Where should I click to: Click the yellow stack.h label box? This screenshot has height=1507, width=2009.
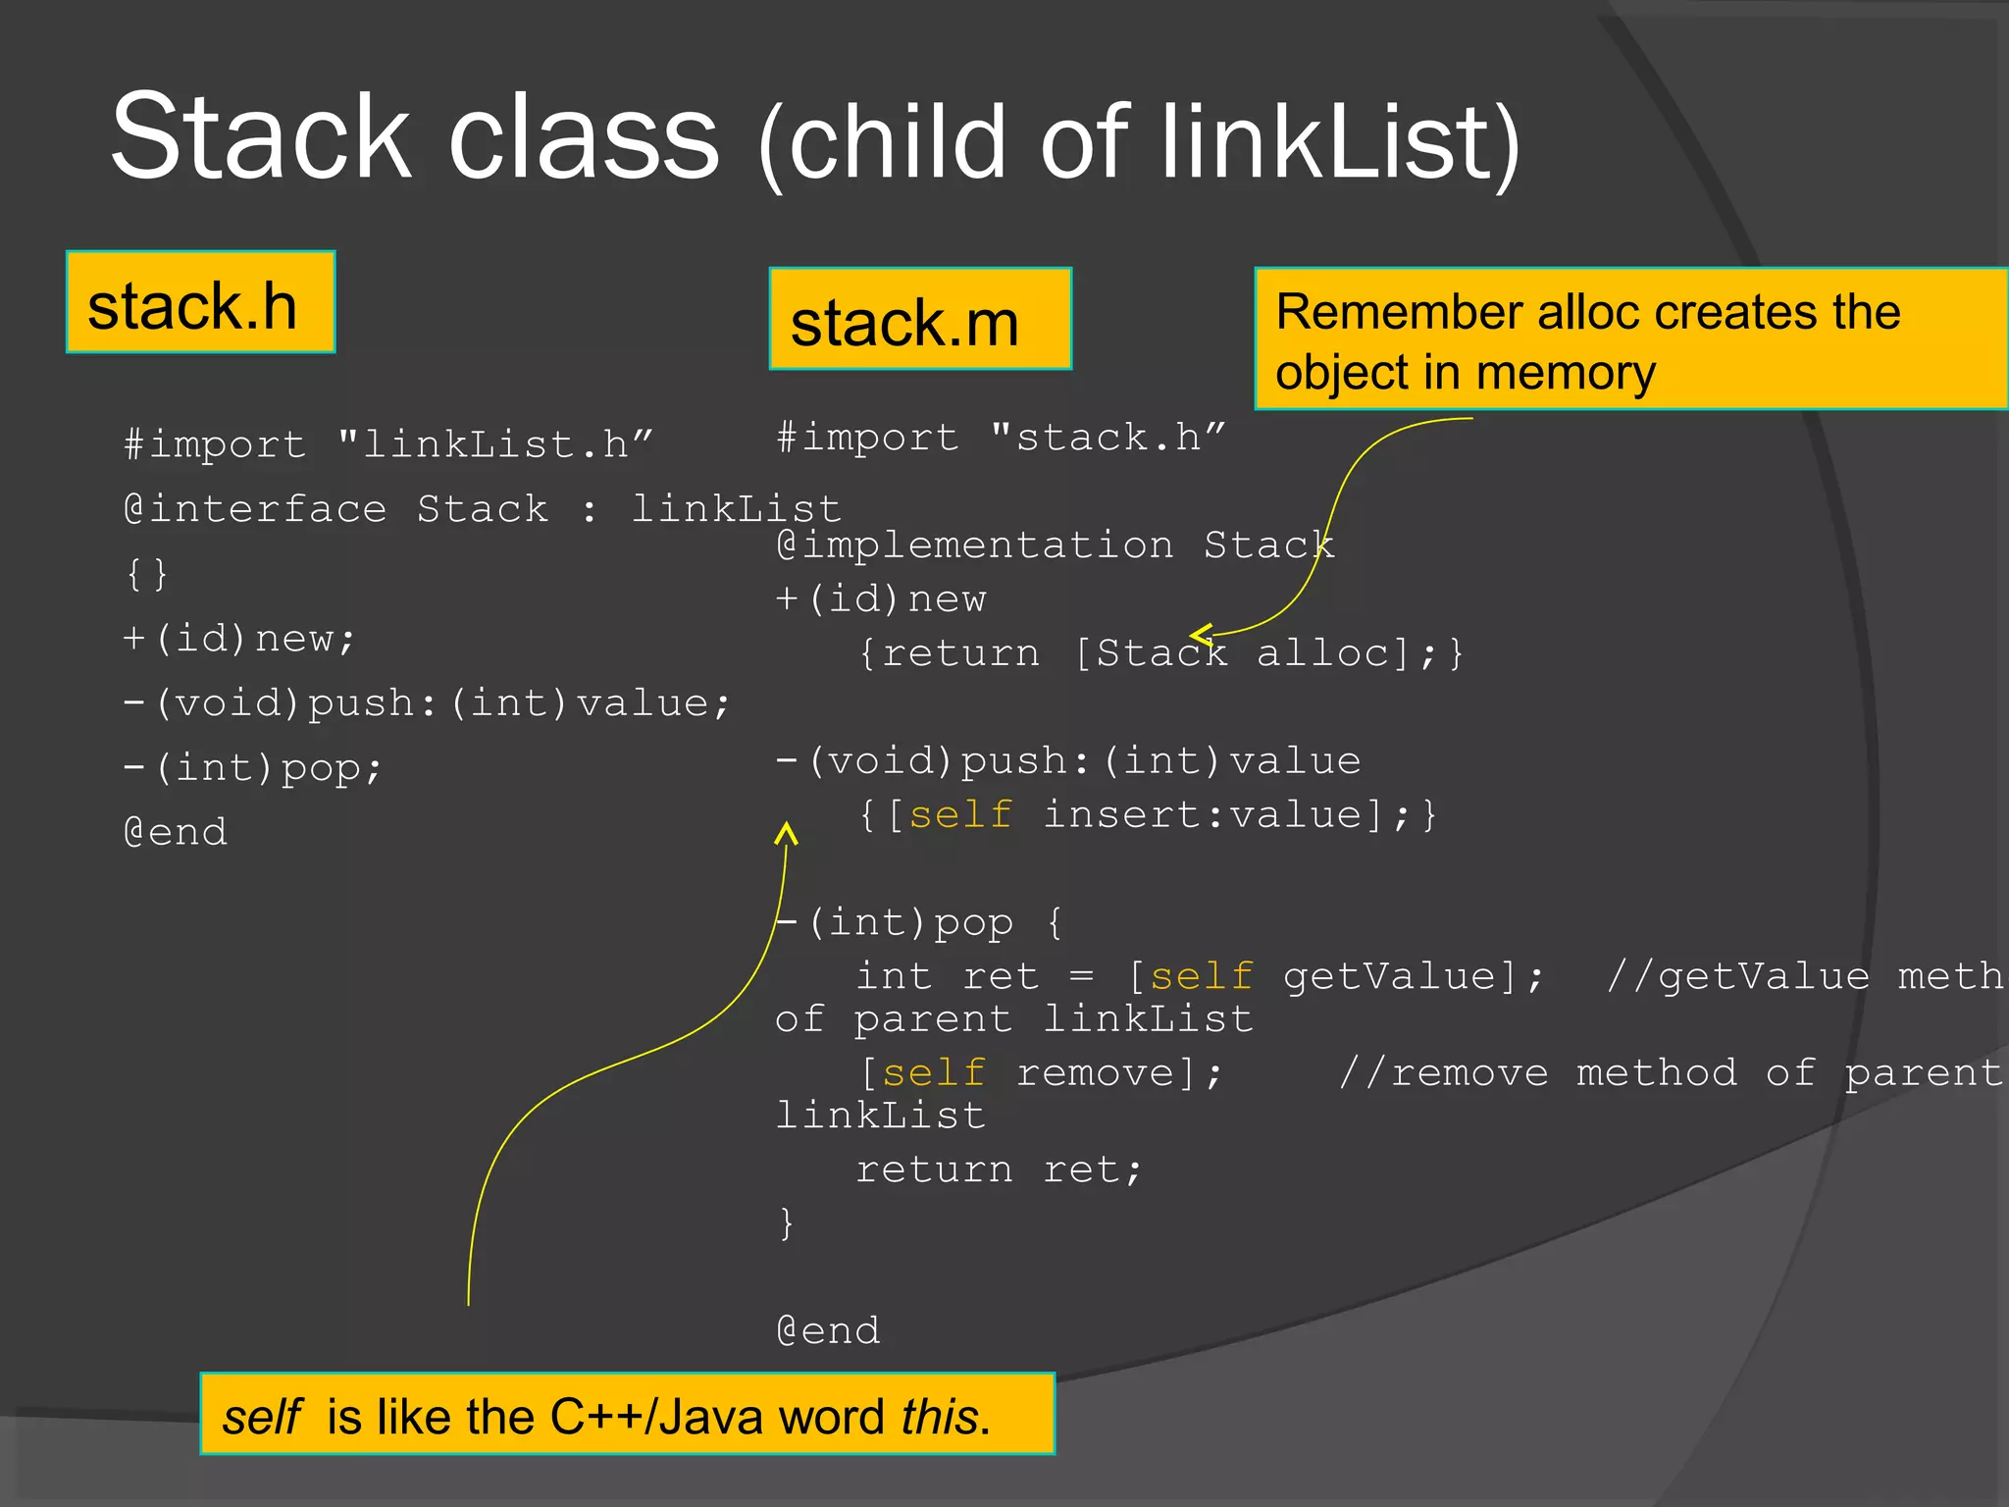coord(200,302)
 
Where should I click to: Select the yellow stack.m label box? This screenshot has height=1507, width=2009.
coord(919,320)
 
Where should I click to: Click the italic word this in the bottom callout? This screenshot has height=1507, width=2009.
coord(940,1417)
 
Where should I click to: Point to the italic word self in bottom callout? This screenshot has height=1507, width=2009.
coord(261,1417)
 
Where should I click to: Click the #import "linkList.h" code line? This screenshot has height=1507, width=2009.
coord(387,444)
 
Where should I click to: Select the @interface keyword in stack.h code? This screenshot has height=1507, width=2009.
coord(255,509)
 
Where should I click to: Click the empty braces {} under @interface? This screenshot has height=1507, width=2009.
coord(147,574)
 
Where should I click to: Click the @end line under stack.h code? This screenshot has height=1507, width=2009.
coord(176,832)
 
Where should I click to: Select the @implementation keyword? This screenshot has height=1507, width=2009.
coord(974,545)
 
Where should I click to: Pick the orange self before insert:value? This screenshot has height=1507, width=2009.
coord(960,814)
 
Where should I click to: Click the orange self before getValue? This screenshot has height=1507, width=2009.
coord(1201,976)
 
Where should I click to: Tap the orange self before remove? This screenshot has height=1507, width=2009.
coord(934,1072)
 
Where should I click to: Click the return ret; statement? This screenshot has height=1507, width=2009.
coord(998,1169)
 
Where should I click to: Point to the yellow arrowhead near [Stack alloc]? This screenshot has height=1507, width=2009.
coord(1201,635)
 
